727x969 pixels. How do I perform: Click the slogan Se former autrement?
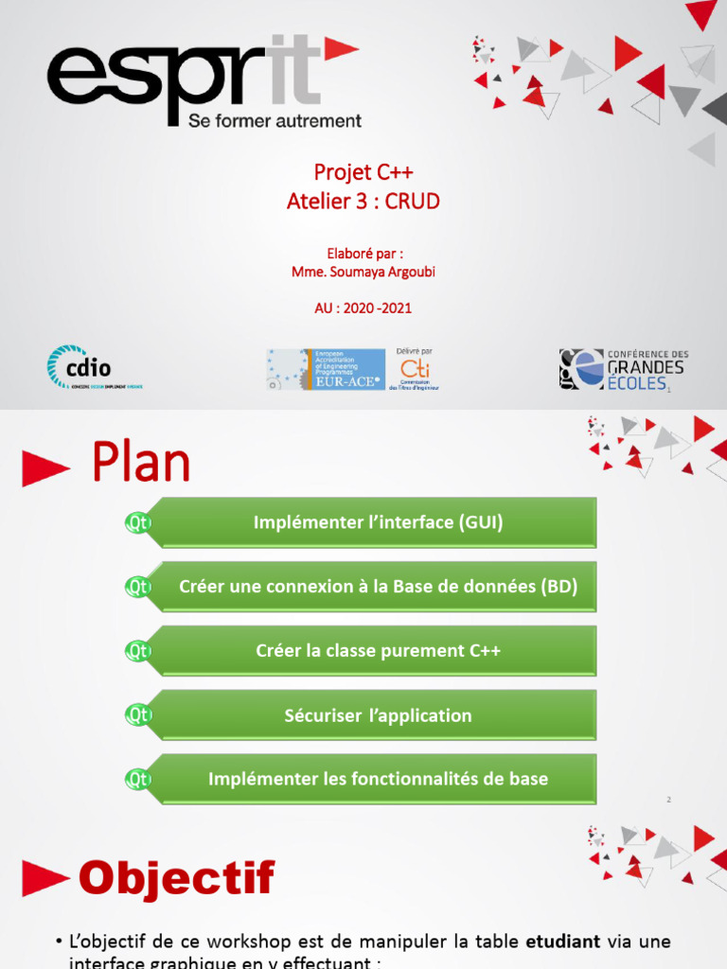click(x=275, y=121)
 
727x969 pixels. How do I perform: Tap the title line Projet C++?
click(x=363, y=172)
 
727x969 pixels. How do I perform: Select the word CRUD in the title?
click(x=414, y=201)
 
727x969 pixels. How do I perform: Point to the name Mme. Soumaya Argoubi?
click(x=363, y=272)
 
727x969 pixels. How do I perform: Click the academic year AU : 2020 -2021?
click(x=363, y=308)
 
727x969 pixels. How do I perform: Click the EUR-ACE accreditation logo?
click(x=326, y=369)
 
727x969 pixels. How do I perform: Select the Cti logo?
click(x=414, y=369)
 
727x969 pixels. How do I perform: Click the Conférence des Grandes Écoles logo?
click(x=623, y=369)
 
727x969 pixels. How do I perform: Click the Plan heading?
click(x=141, y=465)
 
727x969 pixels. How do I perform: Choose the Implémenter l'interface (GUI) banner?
click(x=378, y=522)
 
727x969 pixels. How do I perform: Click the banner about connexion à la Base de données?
click(x=378, y=587)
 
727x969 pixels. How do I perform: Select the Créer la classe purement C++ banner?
click(x=378, y=651)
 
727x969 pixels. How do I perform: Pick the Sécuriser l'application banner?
click(x=378, y=715)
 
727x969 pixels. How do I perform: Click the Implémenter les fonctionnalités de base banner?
click(x=378, y=780)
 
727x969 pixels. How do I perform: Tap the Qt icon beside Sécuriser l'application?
click(x=139, y=715)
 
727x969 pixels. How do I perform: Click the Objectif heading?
click(x=176, y=879)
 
